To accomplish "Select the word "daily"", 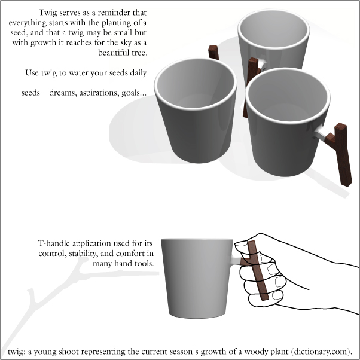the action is pos(138,73).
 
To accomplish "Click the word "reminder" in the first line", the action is pos(115,13).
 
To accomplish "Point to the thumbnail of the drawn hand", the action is pos(240,244).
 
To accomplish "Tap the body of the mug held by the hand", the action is pos(197,278).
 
